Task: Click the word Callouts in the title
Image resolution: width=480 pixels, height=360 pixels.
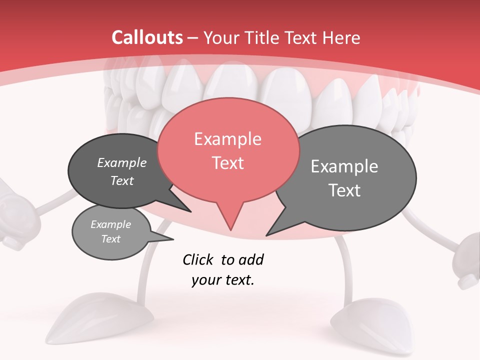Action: point(147,37)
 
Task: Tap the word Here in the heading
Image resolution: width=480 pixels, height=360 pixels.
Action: point(341,37)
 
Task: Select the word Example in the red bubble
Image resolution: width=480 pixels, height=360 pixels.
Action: point(227,139)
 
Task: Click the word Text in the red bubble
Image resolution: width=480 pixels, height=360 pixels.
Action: point(227,163)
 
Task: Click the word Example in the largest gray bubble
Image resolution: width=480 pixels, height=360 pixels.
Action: point(344,166)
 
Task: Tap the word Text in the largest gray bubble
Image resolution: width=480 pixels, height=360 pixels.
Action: point(344,190)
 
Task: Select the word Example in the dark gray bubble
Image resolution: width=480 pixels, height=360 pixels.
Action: point(121,163)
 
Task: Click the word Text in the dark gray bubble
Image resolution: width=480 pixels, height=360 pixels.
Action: point(121,180)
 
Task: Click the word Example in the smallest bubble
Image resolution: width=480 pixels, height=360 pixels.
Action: point(110,224)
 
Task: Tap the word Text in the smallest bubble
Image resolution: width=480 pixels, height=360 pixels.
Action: point(110,239)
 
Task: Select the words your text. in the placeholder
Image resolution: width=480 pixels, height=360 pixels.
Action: point(222,280)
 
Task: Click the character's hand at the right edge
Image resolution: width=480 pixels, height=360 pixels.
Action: point(467,260)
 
